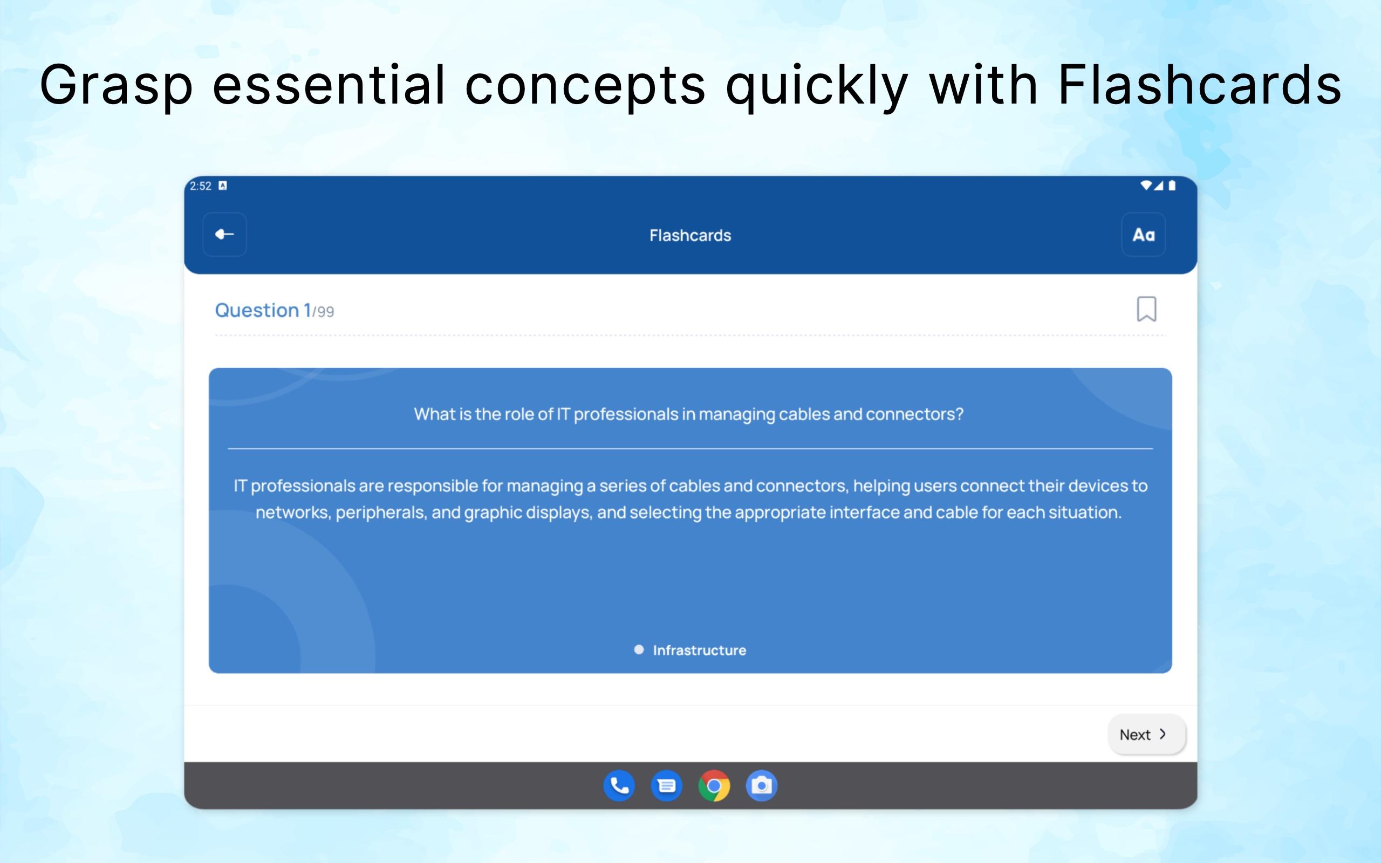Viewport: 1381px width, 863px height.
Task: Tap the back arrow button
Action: (224, 235)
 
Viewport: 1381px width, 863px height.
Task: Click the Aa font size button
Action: (1143, 235)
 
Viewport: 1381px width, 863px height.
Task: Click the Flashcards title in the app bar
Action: (690, 235)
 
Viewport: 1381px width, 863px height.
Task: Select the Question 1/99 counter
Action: (275, 311)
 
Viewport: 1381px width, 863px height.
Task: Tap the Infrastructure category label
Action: (700, 650)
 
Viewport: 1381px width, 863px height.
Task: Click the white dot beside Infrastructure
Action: (639, 649)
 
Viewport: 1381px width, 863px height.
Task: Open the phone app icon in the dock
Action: (619, 786)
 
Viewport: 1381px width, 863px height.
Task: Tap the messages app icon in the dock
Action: (667, 786)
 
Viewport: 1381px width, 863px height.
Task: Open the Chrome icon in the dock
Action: (714, 786)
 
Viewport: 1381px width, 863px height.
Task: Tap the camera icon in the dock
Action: (761, 786)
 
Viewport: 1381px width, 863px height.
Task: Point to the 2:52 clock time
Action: (200, 186)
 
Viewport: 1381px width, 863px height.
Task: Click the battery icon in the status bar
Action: (1172, 186)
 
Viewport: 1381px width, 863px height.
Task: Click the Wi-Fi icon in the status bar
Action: (1145, 185)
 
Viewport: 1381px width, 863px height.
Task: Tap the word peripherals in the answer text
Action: (381, 512)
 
